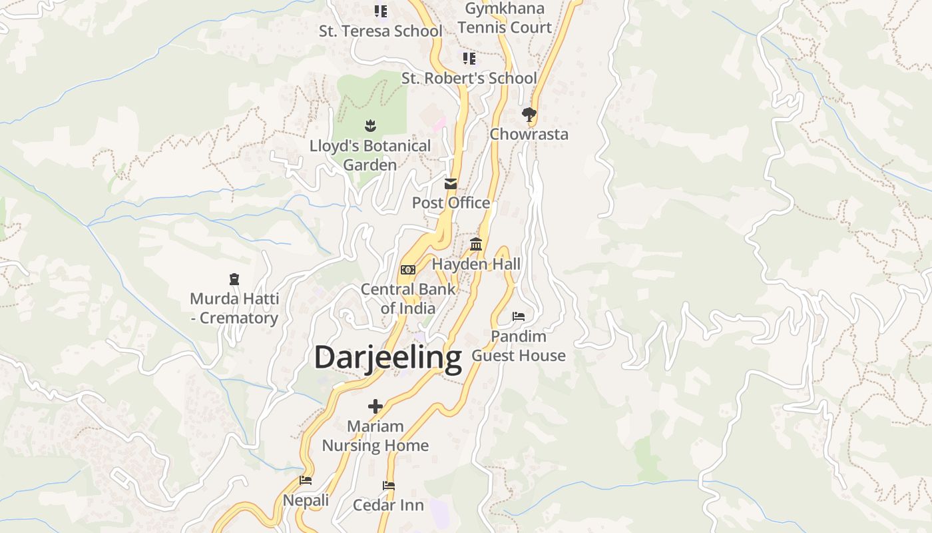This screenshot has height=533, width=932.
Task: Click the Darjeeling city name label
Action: [387, 358]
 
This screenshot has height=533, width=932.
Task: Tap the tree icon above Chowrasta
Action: [529, 115]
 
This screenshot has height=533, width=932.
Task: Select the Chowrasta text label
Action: [529, 134]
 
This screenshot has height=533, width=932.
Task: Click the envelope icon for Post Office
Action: [451, 184]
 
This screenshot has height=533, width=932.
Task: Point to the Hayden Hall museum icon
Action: [476, 245]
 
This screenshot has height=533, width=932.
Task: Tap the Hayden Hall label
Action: [476, 264]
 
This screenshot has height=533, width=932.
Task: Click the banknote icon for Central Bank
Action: [408, 270]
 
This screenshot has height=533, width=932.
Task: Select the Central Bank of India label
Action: [408, 298]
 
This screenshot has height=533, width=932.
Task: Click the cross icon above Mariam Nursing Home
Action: [375, 406]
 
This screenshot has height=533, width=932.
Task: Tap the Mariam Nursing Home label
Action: [375, 436]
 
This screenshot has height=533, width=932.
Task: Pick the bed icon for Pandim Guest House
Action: [519, 316]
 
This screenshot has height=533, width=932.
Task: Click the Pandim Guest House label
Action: [519, 346]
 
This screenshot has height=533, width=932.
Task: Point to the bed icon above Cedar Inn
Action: [389, 486]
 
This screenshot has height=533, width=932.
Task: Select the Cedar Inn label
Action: [389, 505]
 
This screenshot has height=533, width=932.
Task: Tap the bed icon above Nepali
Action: [306, 480]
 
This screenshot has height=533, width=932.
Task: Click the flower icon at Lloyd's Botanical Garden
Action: [370, 125]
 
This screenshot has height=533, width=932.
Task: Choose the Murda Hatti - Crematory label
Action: [234, 308]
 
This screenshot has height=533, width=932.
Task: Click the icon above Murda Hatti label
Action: [234, 279]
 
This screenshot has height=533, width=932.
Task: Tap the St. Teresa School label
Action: [380, 31]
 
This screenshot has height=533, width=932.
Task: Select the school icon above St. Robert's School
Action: [469, 59]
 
